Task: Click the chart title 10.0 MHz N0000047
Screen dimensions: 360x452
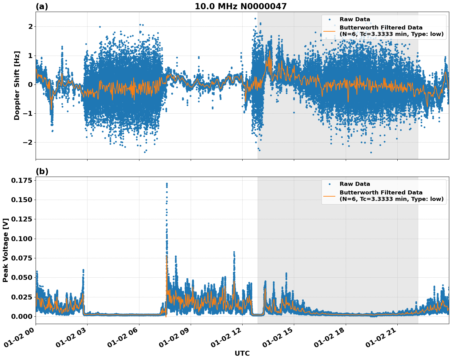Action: coord(240,6)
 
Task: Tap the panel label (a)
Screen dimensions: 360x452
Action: coord(42,6)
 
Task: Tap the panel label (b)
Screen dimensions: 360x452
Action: coord(42,171)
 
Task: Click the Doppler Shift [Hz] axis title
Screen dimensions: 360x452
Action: coord(17,85)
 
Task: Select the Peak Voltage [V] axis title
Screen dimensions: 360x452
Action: coord(5,250)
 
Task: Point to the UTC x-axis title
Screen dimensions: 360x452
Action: coord(242,353)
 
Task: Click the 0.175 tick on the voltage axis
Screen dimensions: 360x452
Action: coord(21,180)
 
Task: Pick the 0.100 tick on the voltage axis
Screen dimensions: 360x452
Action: coord(21,239)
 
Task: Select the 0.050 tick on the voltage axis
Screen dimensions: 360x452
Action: coord(21,277)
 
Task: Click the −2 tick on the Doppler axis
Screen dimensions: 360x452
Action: coord(28,142)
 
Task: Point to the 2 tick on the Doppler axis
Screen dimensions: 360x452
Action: coord(30,26)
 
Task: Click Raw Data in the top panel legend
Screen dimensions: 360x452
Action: coord(355,19)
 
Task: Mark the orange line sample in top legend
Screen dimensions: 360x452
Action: coord(329,31)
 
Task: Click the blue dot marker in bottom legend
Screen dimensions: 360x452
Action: coord(329,184)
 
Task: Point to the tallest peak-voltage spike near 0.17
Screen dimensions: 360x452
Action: coord(167,184)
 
